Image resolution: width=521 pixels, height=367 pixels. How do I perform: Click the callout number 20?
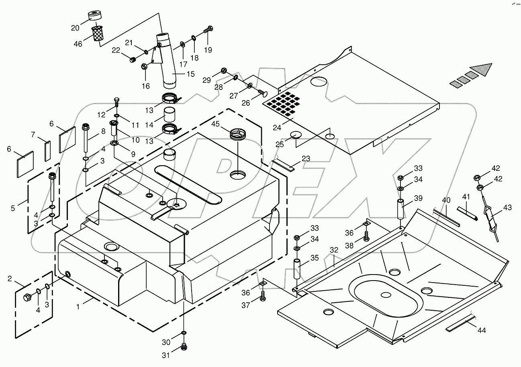pos(76,28)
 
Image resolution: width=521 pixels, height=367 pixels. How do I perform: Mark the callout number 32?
pos(334,250)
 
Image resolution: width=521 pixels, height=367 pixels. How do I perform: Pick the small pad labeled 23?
pos(283,165)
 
